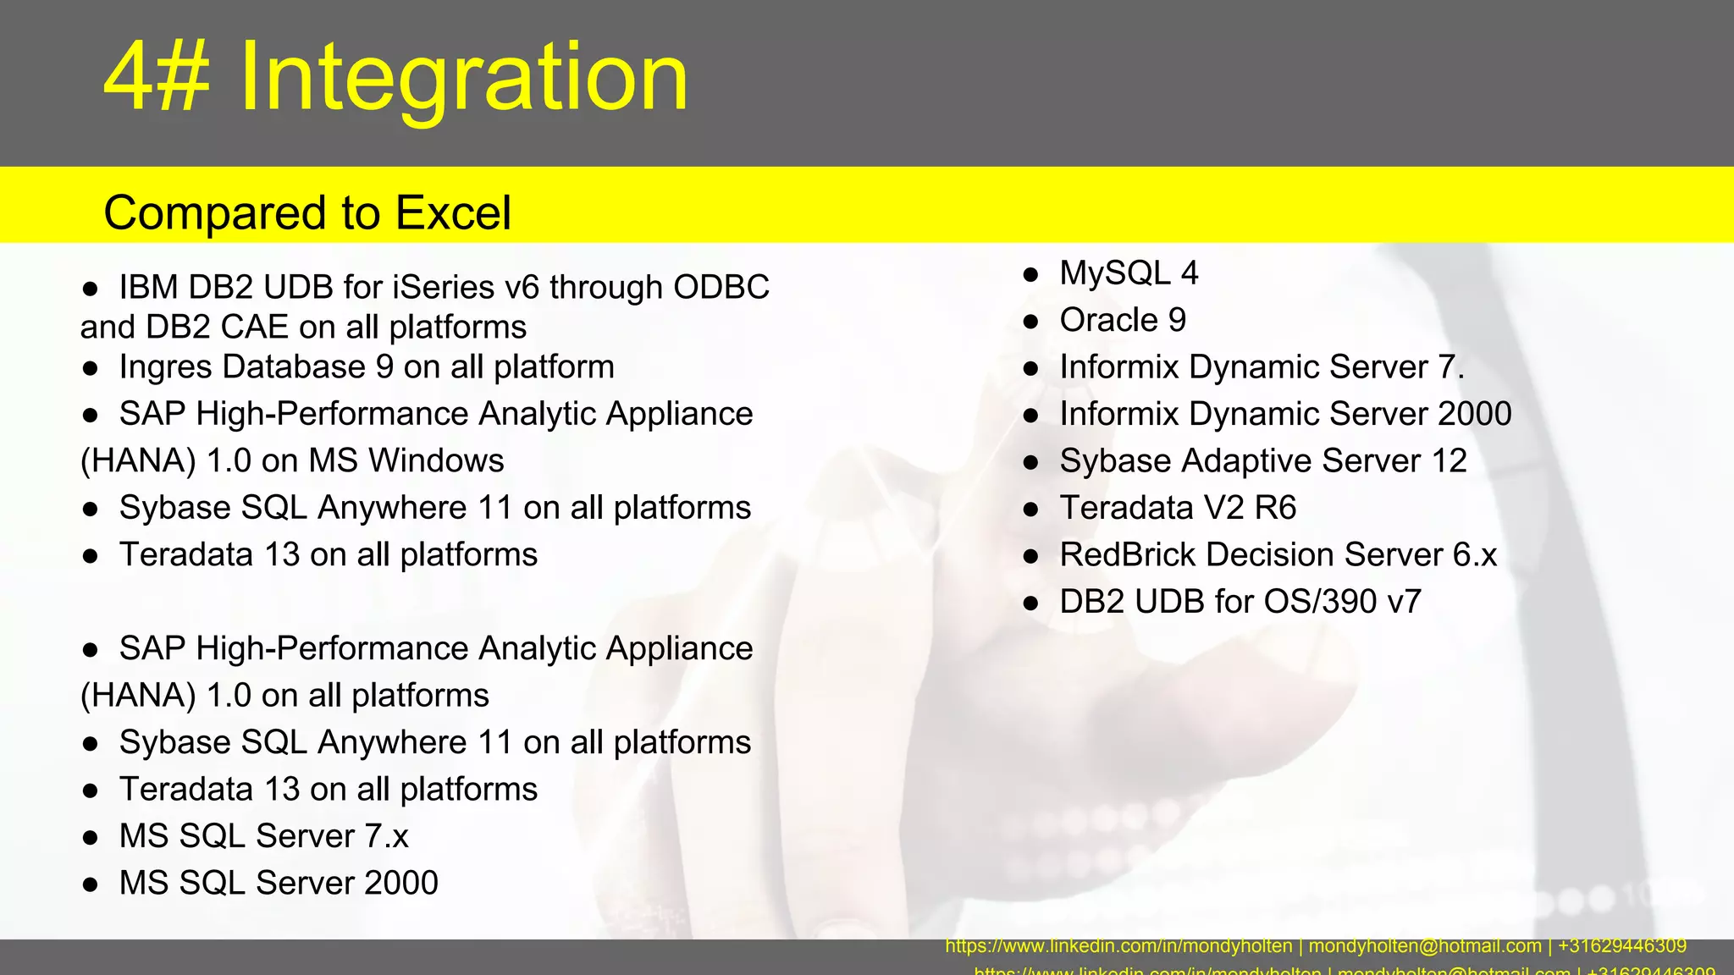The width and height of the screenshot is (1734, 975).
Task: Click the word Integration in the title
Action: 464,78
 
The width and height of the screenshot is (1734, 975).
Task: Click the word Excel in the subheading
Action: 454,212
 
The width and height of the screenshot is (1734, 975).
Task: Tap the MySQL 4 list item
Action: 1129,273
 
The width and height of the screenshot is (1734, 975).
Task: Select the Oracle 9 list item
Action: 1123,320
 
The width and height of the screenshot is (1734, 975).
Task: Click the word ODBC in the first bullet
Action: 721,288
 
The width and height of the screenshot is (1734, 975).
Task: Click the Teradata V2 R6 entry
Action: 1178,508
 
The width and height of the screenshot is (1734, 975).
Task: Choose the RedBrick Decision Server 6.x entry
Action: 1278,555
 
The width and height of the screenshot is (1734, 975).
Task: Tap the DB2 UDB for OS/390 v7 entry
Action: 1240,602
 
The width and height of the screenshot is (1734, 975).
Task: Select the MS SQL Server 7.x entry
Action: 263,836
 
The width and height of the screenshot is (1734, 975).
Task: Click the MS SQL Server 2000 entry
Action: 279,883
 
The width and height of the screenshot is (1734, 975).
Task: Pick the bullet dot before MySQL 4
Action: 1030,275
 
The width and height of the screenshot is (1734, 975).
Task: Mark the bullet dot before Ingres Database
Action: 91,369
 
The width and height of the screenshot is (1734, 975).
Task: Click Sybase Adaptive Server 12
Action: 1262,461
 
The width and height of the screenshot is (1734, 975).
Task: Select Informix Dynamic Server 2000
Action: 1285,414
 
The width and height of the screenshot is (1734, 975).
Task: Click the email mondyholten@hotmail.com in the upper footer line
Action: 1425,946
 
